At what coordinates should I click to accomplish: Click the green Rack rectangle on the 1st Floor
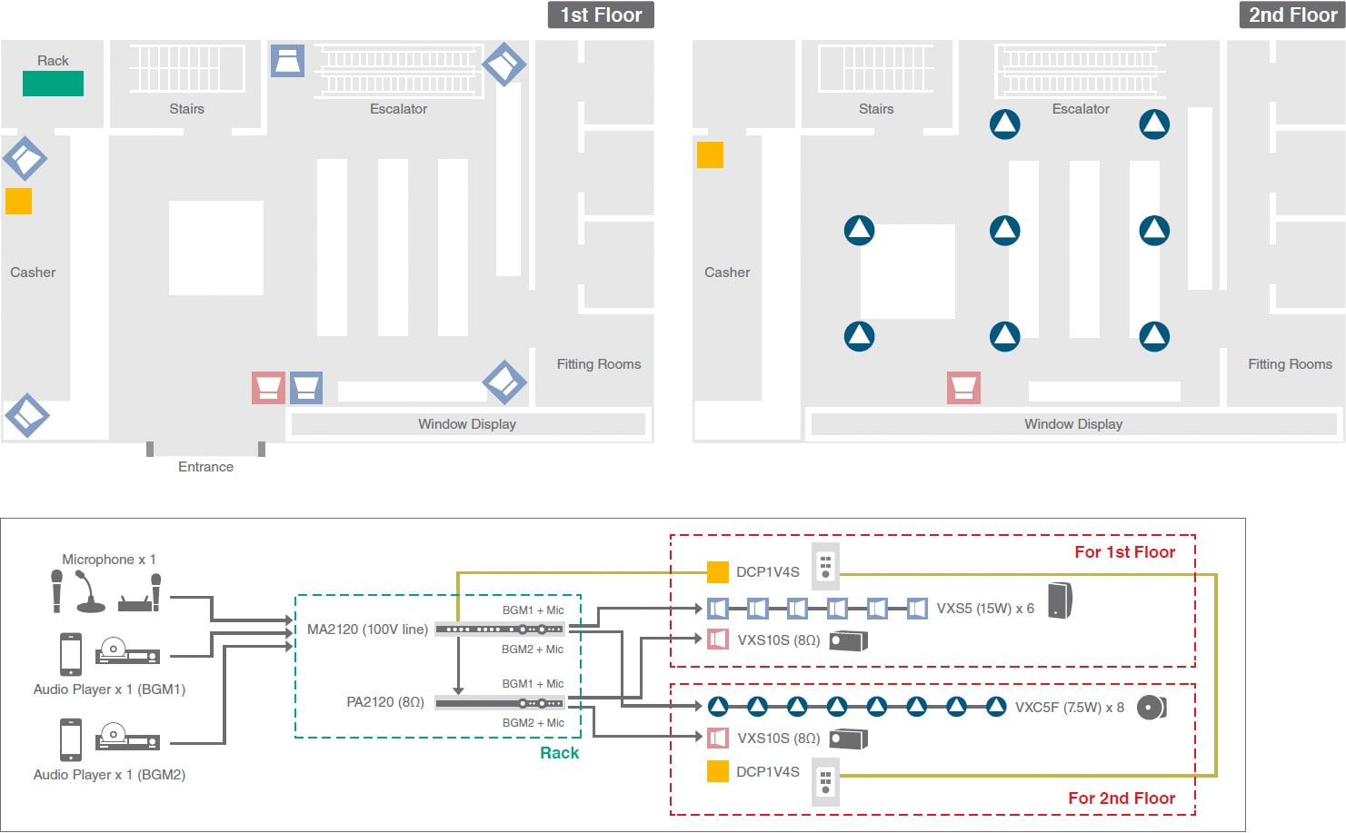(x=53, y=84)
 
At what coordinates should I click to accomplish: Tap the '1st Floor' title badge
(x=601, y=15)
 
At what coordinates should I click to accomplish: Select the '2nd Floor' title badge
(x=1291, y=15)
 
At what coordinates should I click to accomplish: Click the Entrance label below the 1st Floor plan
(x=205, y=467)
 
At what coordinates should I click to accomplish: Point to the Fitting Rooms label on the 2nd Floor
(x=1290, y=364)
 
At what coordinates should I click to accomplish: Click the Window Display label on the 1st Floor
(x=467, y=424)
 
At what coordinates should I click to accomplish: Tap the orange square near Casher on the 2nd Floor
(x=710, y=155)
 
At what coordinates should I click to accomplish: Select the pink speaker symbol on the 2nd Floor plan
(x=963, y=387)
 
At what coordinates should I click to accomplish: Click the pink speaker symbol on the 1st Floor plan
(x=268, y=387)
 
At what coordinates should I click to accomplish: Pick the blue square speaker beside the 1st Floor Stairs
(x=287, y=61)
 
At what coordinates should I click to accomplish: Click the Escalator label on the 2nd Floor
(x=1081, y=109)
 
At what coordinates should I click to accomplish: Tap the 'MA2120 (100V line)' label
(x=367, y=630)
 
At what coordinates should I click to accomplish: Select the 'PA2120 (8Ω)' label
(x=385, y=702)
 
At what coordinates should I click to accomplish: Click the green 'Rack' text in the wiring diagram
(x=559, y=753)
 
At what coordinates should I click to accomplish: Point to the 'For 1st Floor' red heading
(x=1124, y=552)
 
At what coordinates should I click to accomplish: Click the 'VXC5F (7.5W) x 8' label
(x=1069, y=708)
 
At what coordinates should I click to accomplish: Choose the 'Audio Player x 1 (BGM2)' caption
(x=109, y=775)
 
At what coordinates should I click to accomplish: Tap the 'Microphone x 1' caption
(x=109, y=560)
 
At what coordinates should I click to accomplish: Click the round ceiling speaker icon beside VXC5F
(x=1152, y=707)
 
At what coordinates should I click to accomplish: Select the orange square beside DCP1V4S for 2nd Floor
(x=718, y=771)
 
